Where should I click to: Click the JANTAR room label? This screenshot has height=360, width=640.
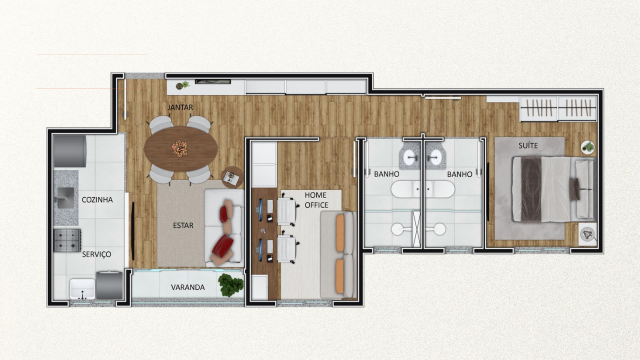[x=180, y=107]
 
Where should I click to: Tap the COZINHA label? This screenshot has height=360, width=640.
[x=97, y=199]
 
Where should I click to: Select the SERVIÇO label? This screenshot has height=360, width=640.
[x=96, y=254]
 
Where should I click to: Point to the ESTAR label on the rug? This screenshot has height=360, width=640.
[x=183, y=225]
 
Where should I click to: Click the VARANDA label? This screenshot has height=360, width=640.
[x=187, y=287]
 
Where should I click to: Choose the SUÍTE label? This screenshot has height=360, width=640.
[x=528, y=145]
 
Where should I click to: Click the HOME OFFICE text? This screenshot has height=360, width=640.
[x=316, y=200]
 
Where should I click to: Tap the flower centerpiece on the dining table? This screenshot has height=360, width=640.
[x=179, y=148]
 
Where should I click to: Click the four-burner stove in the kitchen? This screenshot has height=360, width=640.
[x=67, y=240]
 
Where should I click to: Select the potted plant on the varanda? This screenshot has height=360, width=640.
[x=231, y=285]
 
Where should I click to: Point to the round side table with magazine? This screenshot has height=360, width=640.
[x=232, y=177]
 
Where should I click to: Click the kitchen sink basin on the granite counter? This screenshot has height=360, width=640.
[x=65, y=197]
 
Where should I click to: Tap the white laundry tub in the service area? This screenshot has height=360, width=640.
[x=82, y=289]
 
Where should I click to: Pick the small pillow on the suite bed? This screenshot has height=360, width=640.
[x=574, y=189]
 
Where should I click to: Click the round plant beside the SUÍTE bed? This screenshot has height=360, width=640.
[x=587, y=147]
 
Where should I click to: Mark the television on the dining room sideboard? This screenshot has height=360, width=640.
[x=213, y=82]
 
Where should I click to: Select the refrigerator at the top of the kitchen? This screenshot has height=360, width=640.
[x=70, y=151]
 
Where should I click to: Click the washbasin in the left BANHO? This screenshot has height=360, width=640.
[x=411, y=157]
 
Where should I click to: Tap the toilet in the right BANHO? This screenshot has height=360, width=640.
[x=436, y=229]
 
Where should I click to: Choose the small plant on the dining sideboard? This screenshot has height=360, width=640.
[x=182, y=85]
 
